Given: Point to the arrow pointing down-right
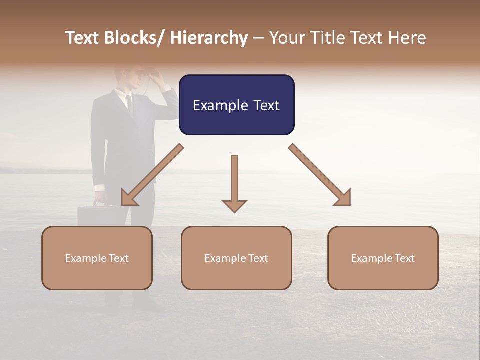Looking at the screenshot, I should coord(320,175).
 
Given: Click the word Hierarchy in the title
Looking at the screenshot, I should coord(209,38).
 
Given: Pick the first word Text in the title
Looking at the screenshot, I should coord(84,38).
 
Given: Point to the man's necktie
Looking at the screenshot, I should coord(130,105).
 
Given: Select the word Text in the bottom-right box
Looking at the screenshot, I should coord(404,258).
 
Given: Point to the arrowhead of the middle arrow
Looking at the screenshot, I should coord(234,206).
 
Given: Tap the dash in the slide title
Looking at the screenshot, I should coord(258,38).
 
